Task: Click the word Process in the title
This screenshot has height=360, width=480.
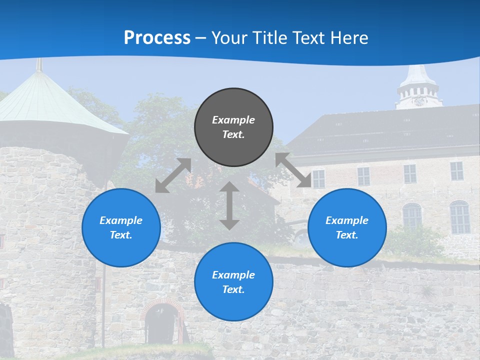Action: (157, 38)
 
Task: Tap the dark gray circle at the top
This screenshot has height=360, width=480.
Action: (233, 127)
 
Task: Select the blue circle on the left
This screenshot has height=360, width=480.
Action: (121, 227)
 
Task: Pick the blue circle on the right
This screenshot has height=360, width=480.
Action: (347, 227)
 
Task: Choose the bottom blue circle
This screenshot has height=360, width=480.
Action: (233, 282)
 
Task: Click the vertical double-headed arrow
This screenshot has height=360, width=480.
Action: (229, 205)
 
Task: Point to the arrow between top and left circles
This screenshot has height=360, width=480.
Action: (173, 175)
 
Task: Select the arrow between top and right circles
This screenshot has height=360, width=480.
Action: (293, 170)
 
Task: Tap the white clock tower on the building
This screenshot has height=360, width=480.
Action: (419, 87)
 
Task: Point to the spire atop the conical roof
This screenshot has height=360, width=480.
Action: (39, 65)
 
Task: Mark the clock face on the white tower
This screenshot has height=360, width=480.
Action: (419, 101)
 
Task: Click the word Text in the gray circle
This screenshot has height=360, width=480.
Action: (233, 134)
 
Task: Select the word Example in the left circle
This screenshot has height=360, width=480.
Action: (121, 220)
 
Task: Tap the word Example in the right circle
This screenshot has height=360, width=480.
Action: (347, 220)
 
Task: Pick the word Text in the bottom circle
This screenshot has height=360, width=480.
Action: (233, 289)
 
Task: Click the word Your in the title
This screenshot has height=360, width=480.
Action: (228, 38)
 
